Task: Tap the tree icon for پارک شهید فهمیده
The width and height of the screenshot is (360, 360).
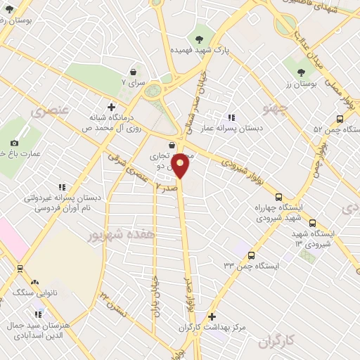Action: pos(200,39)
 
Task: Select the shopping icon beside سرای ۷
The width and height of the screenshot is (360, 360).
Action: pos(134,72)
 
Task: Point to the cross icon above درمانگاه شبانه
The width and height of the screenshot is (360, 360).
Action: pos(110,105)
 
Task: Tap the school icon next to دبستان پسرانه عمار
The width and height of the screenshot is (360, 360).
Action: pos(231,118)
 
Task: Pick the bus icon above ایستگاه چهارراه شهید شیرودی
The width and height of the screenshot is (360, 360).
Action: pos(279,198)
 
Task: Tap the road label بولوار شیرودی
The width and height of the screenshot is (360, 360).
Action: pos(240,165)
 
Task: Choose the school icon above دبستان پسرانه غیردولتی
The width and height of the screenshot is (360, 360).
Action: pos(62,187)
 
